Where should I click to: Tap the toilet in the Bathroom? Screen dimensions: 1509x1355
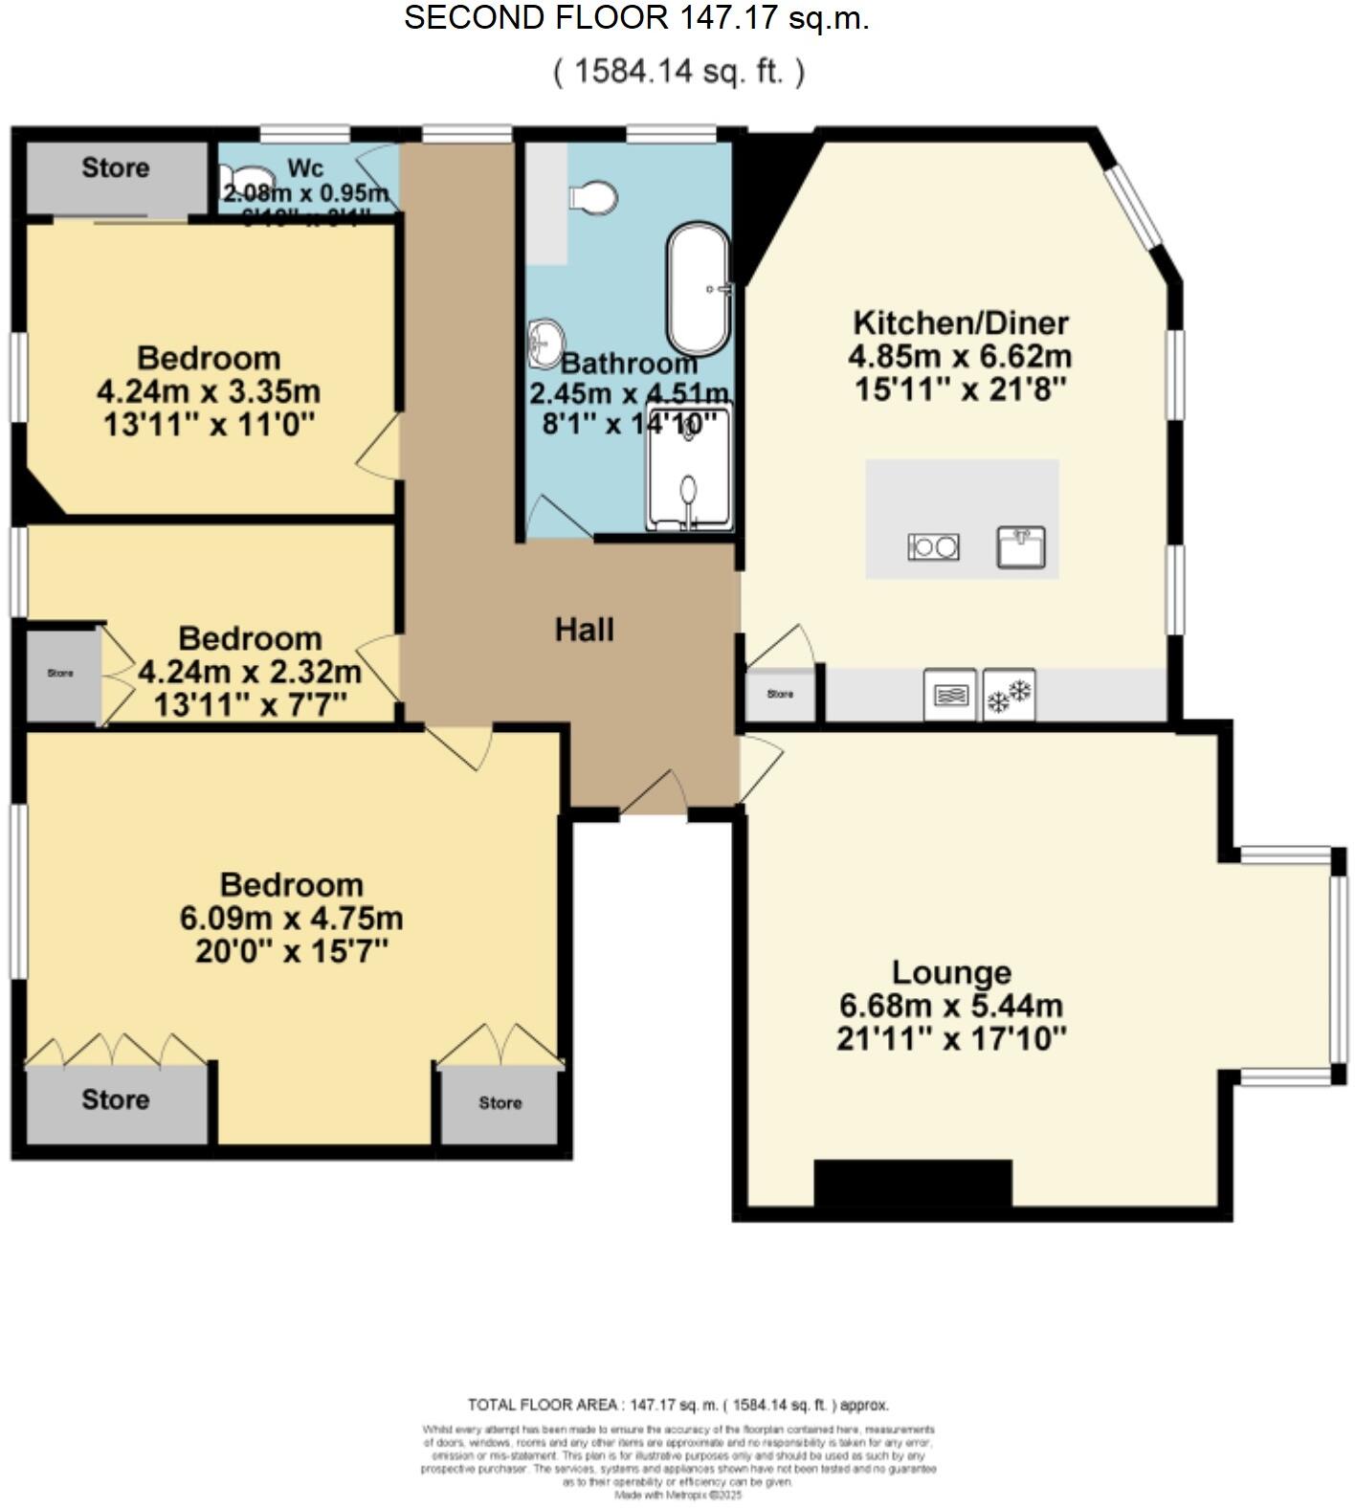click(x=593, y=198)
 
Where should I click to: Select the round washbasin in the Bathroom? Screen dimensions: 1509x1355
click(x=545, y=343)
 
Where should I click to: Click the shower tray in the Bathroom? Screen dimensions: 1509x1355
click(x=689, y=469)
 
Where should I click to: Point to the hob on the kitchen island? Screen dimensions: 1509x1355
click(x=933, y=547)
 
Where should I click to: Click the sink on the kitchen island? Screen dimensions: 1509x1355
click(x=1020, y=547)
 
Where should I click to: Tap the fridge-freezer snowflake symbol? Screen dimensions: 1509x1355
click(x=1010, y=695)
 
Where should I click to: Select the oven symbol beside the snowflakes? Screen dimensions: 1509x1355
click(x=949, y=695)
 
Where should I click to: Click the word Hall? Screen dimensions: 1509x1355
click(x=585, y=630)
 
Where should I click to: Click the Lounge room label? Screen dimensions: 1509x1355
click(x=951, y=972)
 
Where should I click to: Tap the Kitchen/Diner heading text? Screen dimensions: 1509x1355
click(x=960, y=322)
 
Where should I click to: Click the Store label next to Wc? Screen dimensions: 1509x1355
click(x=116, y=168)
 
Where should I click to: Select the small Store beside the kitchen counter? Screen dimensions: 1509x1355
click(x=780, y=695)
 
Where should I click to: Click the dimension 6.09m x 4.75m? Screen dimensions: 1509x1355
click(x=291, y=918)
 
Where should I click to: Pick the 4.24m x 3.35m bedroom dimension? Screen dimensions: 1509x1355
click(x=209, y=391)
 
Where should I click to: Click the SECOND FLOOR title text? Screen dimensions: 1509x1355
click(x=636, y=18)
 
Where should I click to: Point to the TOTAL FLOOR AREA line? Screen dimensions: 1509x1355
click(x=677, y=1405)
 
